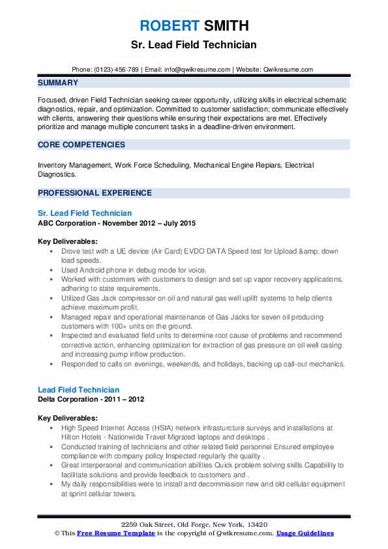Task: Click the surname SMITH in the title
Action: click(225, 25)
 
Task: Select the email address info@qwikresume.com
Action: click(198, 69)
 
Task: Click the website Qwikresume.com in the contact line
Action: click(290, 69)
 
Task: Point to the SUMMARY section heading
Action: click(58, 83)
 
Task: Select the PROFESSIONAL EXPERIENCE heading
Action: click(95, 193)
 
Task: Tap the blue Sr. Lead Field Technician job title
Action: click(85, 213)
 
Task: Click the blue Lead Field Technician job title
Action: click(78, 389)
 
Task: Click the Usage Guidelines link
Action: click(305, 533)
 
